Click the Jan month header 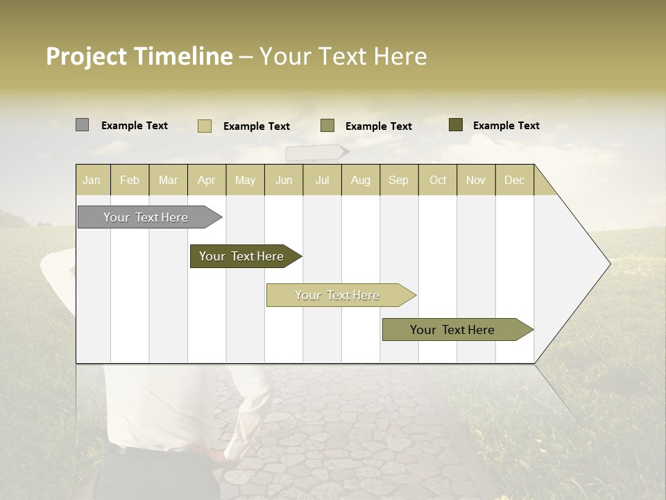[x=92, y=180]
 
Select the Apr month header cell [x=207, y=180]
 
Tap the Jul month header [x=322, y=180]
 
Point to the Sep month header [x=398, y=180]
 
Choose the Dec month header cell [x=514, y=180]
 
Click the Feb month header [x=130, y=180]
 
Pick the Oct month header [x=438, y=180]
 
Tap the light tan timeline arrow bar [x=338, y=295]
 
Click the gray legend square [x=82, y=125]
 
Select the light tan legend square [x=204, y=126]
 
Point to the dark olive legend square [x=455, y=125]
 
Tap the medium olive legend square [x=327, y=126]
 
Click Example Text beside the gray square [x=135, y=126]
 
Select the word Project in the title [x=87, y=56]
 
